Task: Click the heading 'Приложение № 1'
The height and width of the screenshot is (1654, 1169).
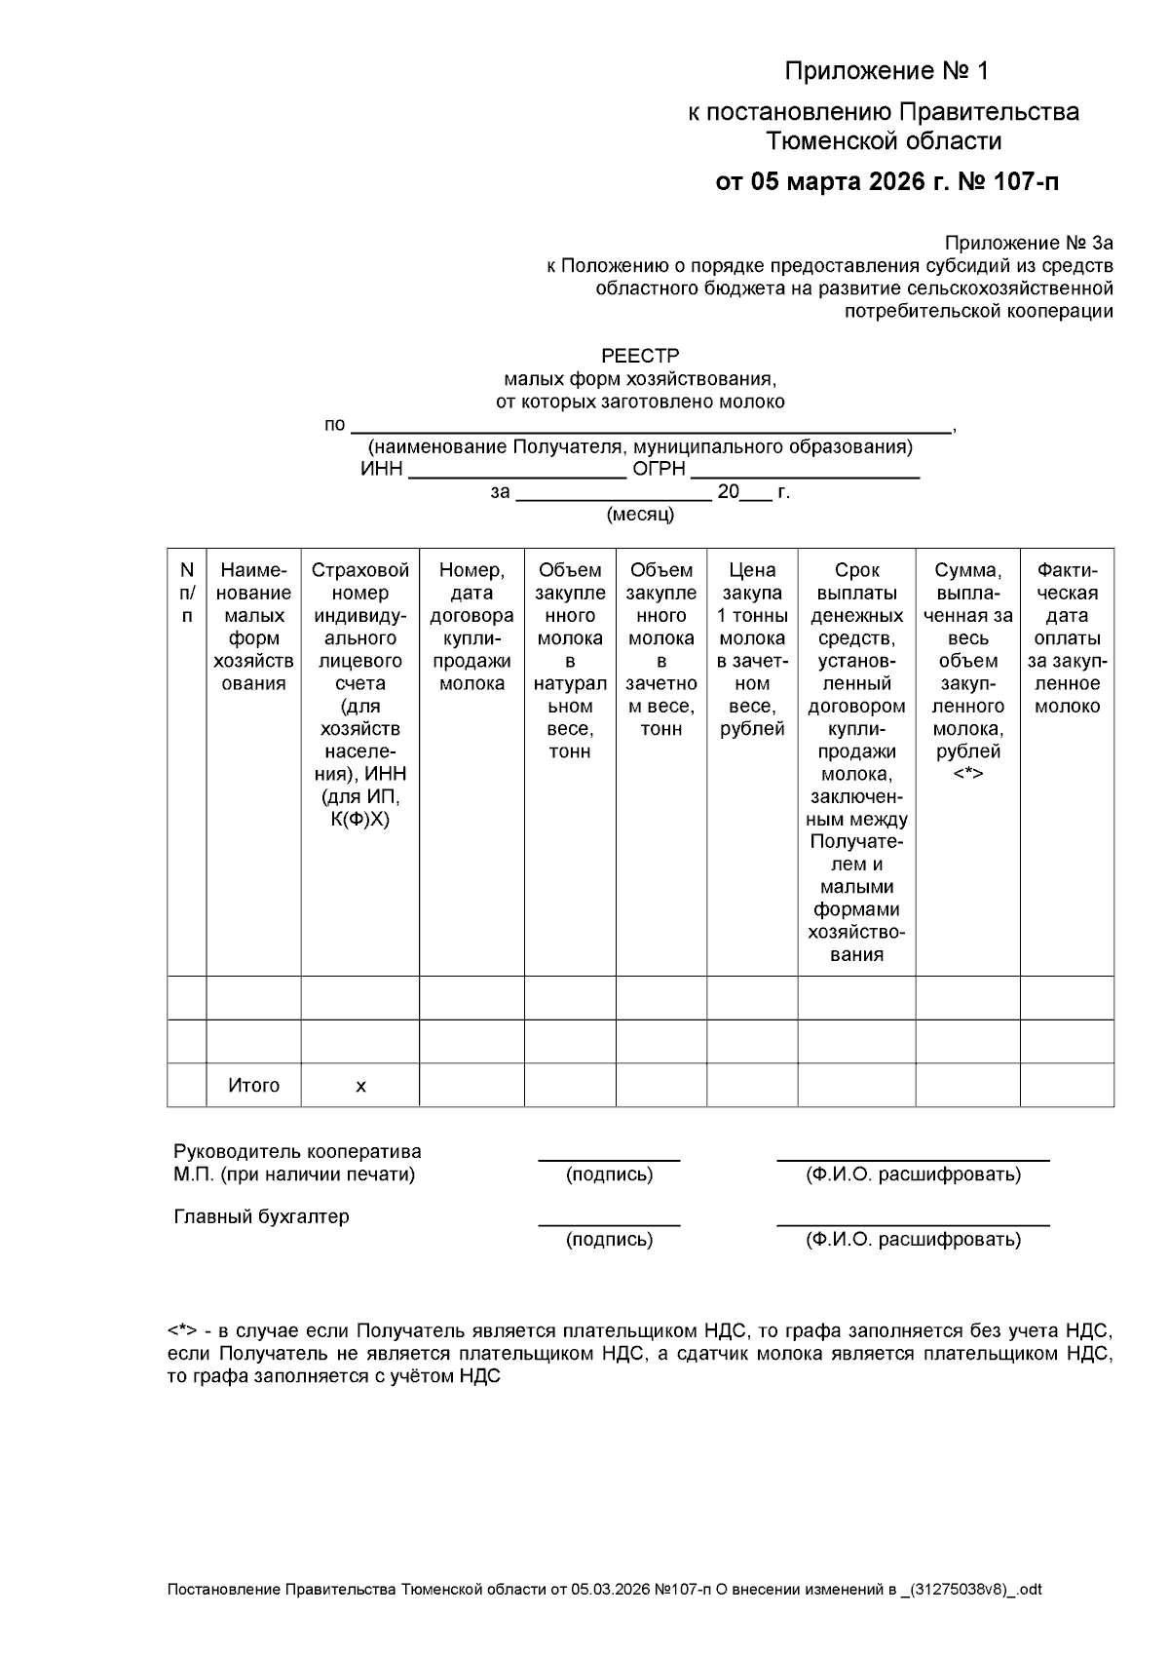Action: [886, 71]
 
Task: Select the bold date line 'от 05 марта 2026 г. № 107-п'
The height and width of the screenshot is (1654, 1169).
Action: [886, 181]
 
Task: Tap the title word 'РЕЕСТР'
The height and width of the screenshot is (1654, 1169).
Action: [640, 356]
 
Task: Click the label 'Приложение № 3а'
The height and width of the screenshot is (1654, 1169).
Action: [1028, 243]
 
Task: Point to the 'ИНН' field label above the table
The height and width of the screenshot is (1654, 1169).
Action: [381, 470]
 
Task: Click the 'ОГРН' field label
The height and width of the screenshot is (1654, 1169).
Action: [660, 470]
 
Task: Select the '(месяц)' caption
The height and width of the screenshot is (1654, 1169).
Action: [640, 515]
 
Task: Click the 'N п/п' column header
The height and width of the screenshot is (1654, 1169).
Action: [187, 593]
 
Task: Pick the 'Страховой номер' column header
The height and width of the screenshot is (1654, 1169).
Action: [359, 582]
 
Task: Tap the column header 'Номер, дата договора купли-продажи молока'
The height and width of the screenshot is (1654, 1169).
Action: [471, 626]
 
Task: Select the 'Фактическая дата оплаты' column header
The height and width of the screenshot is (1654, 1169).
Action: [1067, 637]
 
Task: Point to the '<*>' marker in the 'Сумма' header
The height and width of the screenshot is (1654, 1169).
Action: [967, 774]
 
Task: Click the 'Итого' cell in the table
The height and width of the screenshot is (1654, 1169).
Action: [253, 1086]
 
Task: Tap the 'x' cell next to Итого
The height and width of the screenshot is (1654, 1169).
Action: [360, 1086]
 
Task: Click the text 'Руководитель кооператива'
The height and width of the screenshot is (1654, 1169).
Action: [297, 1152]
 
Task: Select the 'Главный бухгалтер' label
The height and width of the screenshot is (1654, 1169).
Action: [261, 1216]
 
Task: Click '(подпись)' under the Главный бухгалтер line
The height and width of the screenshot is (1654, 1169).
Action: [609, 1240]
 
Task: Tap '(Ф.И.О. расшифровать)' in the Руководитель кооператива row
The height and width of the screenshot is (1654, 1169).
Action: [913, 1174]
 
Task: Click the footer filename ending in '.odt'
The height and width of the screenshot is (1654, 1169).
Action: [604, 1590]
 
